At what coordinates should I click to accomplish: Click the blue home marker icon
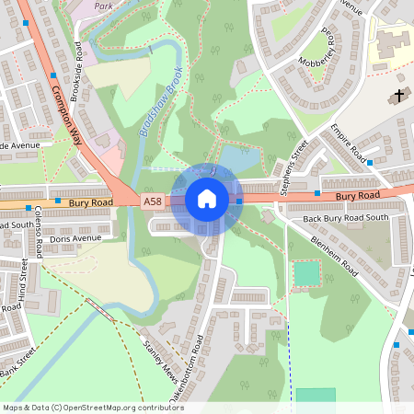click(x=207, y=198)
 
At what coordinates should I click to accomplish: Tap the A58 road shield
click(x=153, y=201)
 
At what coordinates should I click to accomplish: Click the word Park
click(x=102, y=5)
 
